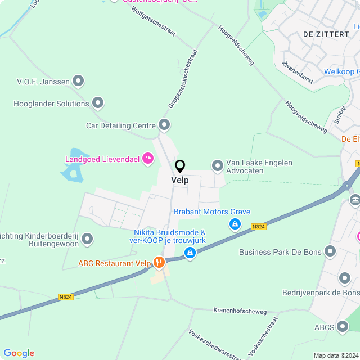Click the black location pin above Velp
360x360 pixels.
tap(180, 166)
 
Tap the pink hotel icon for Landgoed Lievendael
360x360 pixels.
tap(148, 159)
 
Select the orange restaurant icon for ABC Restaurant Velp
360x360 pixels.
tap(159, 262)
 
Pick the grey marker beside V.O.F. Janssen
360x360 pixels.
tap(79, 82)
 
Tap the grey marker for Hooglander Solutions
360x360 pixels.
tap(98, 103)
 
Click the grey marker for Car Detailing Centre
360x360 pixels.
tap(164, 124)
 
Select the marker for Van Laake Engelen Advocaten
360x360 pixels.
tap(217, 165)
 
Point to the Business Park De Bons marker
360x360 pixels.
tap(331, 252)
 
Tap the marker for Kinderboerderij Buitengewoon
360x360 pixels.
tap(87, 240)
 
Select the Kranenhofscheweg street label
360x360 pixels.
tap(240, 310)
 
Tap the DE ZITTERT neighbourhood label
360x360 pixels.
tap(326, 34)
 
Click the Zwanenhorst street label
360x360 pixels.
tap(298, 71)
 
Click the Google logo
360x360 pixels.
tap(19, 353)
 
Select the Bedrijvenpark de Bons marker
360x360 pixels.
tap(345, 277)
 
